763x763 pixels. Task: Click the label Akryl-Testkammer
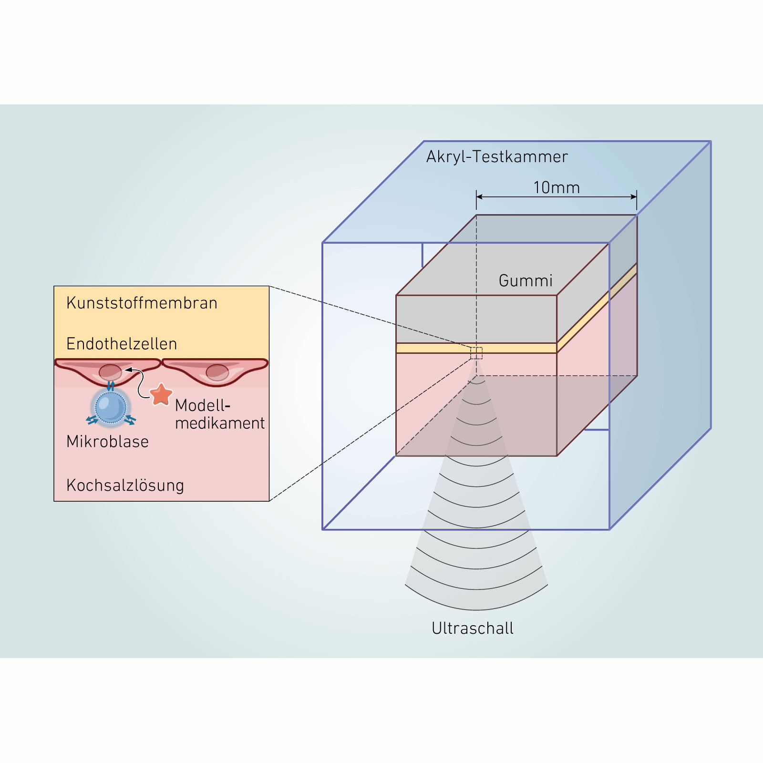[x=497, y=156]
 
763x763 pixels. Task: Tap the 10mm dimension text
[x=557, y=187]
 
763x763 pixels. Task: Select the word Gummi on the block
[x=526, y=280]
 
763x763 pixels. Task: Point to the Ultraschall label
[x=473, y=628]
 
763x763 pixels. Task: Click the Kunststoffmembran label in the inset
[x=142, y=303]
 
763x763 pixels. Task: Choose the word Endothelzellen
[x=122, y=343]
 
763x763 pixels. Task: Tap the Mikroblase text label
[x=107, y=441]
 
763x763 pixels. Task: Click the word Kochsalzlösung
[x=125, y=485]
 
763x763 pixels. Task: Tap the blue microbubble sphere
[x=111, y=407]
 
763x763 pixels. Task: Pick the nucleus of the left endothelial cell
[x=110, y=371]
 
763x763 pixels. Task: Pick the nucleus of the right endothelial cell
[x=217, y=372]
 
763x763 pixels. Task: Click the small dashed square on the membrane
[x=476, y=353]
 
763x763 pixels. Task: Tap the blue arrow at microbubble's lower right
[x=130, y=421]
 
